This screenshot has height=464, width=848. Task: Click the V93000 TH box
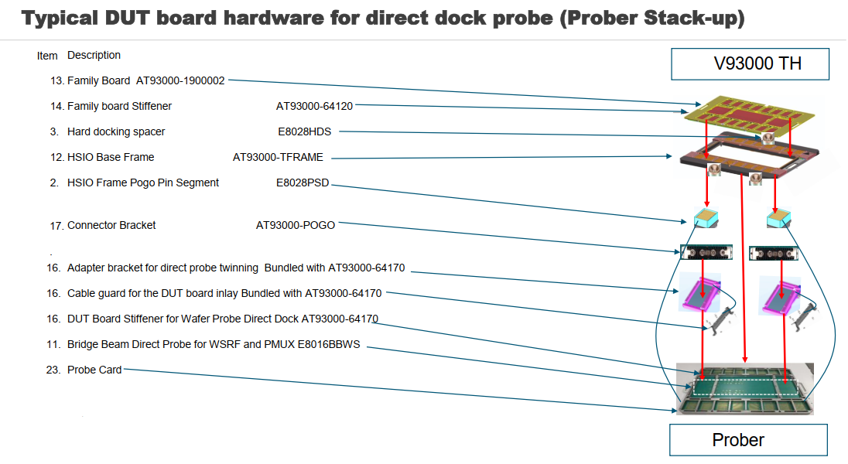(x=750, y=63)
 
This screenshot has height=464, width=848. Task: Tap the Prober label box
(x=737, y=440)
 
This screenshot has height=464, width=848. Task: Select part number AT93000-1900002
(x=180, y=80)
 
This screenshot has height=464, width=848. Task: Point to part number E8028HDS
(x=304, y=131)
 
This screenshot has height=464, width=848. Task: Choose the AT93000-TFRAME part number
(x=278, y=157)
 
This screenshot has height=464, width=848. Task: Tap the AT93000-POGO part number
(x=296, y=225)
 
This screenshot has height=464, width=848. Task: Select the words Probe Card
(x=94, y=370)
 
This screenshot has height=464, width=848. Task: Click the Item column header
(x=47, y=56)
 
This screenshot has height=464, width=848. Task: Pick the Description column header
(x=94, y=55)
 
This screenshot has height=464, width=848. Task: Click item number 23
(x=53, y=370)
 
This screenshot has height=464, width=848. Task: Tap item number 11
(x=53, y=344)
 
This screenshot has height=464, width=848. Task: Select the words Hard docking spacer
(x=116, y=131)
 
